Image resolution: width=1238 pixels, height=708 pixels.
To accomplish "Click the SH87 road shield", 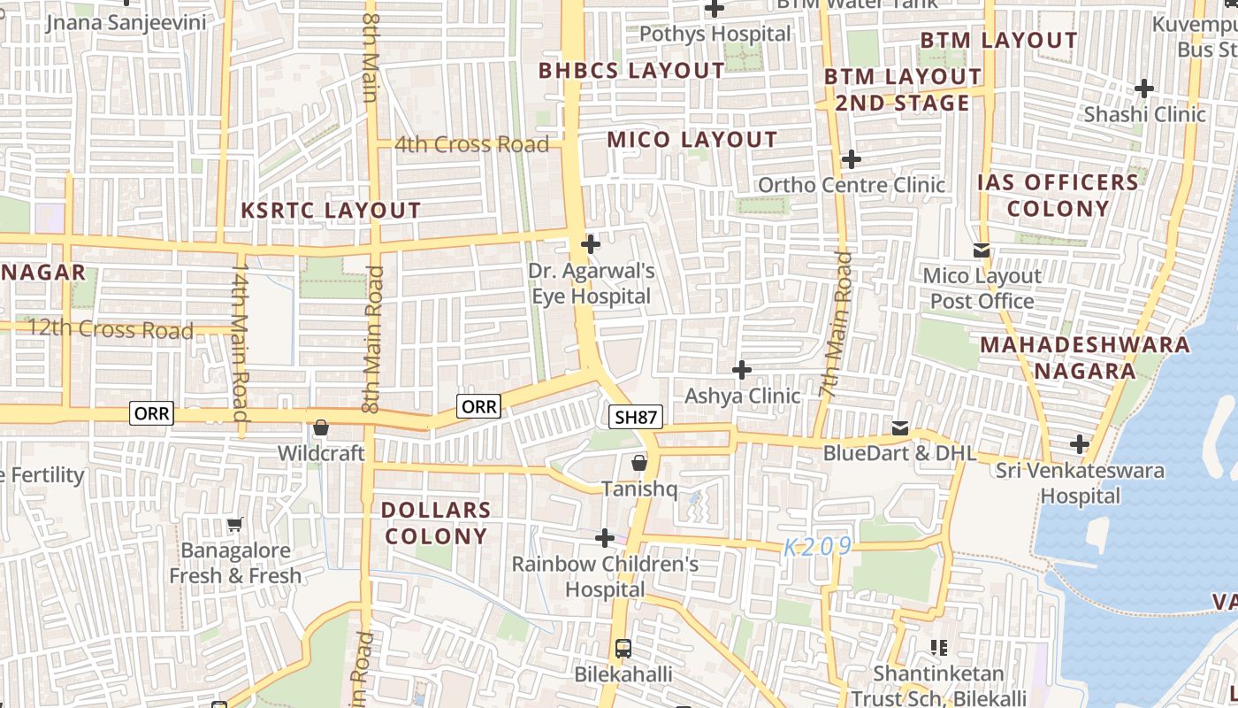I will (635, 417).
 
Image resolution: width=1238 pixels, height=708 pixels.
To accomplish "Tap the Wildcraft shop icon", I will (321, 428).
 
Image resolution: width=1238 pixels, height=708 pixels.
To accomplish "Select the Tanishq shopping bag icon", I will (639, 463).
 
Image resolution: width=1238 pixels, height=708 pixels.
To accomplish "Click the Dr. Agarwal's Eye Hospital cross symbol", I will (590, 244).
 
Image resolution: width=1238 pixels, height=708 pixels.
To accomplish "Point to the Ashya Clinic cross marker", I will (742, 369).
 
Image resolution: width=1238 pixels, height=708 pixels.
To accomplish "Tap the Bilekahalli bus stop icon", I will (623, 649).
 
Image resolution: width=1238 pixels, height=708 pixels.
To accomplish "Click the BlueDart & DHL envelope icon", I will (900, 428).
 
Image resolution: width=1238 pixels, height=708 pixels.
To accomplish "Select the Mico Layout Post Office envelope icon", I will (982, 250).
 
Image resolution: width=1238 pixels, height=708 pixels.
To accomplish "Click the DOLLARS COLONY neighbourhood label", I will (436, 523).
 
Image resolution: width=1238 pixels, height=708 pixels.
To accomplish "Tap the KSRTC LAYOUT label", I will (332, 211).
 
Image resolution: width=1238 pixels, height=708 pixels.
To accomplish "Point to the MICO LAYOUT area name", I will (692, 140).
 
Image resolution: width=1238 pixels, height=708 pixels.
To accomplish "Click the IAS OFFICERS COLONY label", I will (1058, 196).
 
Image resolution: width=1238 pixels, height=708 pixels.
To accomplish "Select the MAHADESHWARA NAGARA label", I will (1084, 358).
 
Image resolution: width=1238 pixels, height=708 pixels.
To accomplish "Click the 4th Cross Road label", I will (471, 144).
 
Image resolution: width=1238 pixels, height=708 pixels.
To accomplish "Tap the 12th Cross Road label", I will (111, 330).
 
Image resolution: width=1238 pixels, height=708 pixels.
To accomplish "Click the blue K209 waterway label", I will (818, 547).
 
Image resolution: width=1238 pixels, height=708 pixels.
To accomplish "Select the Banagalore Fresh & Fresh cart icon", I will (234, 526).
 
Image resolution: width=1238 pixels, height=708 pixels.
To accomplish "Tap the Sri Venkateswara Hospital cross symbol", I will (1079, 443).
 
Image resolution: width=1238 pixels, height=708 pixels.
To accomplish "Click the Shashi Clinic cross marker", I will (1144, 88).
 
